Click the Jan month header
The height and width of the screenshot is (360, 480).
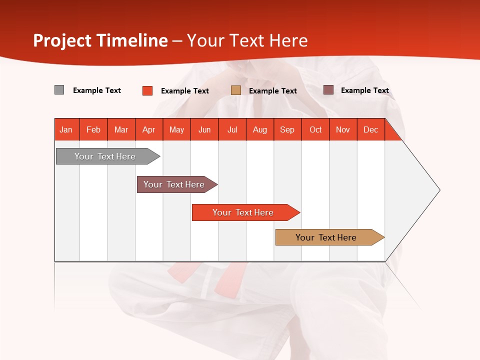tap(66, 129)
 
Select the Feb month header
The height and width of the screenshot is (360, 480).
tap(93, 129)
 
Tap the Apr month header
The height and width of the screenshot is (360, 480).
tap(148, 129)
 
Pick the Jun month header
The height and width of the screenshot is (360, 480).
tap(204, 129)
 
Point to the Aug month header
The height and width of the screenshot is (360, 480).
tap(260, 129)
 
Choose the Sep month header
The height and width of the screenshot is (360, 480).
tap(287, 129)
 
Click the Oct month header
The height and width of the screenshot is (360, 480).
tap(315, 129)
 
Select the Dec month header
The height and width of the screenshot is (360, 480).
tap(370, 129)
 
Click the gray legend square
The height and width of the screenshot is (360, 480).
tap(59, 90)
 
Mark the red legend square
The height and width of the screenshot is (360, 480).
tap(147, 90)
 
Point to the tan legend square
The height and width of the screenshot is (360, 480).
tap(236, 90)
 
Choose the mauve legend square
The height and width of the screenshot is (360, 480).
tap(328, 90)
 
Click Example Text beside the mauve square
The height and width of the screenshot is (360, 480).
tap(364, 90)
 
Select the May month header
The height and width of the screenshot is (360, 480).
tap(176, 129)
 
